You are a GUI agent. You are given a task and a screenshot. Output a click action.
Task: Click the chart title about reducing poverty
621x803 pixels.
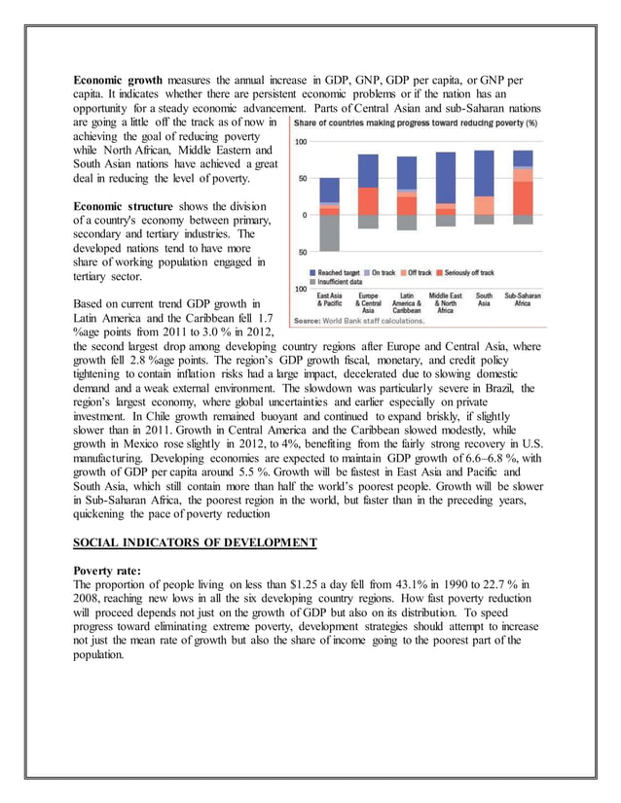pyautogui.click(x=416, y=123)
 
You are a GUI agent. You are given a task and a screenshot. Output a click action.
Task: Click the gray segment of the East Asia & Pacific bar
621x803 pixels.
pyautogui.click(x=330, y=232)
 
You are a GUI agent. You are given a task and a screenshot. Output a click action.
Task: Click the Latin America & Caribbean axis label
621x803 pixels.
pyautogui.click(x=407, y=302)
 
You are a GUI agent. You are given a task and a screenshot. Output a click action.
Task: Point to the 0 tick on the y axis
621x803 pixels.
pyautogui.click(x=304, y=215)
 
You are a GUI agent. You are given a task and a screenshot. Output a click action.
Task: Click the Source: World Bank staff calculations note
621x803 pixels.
pyautogui.click(x=359, y=320)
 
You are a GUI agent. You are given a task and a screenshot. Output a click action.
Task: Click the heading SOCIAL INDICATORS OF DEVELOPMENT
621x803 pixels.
pyautogui.click(x=195, y=541)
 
